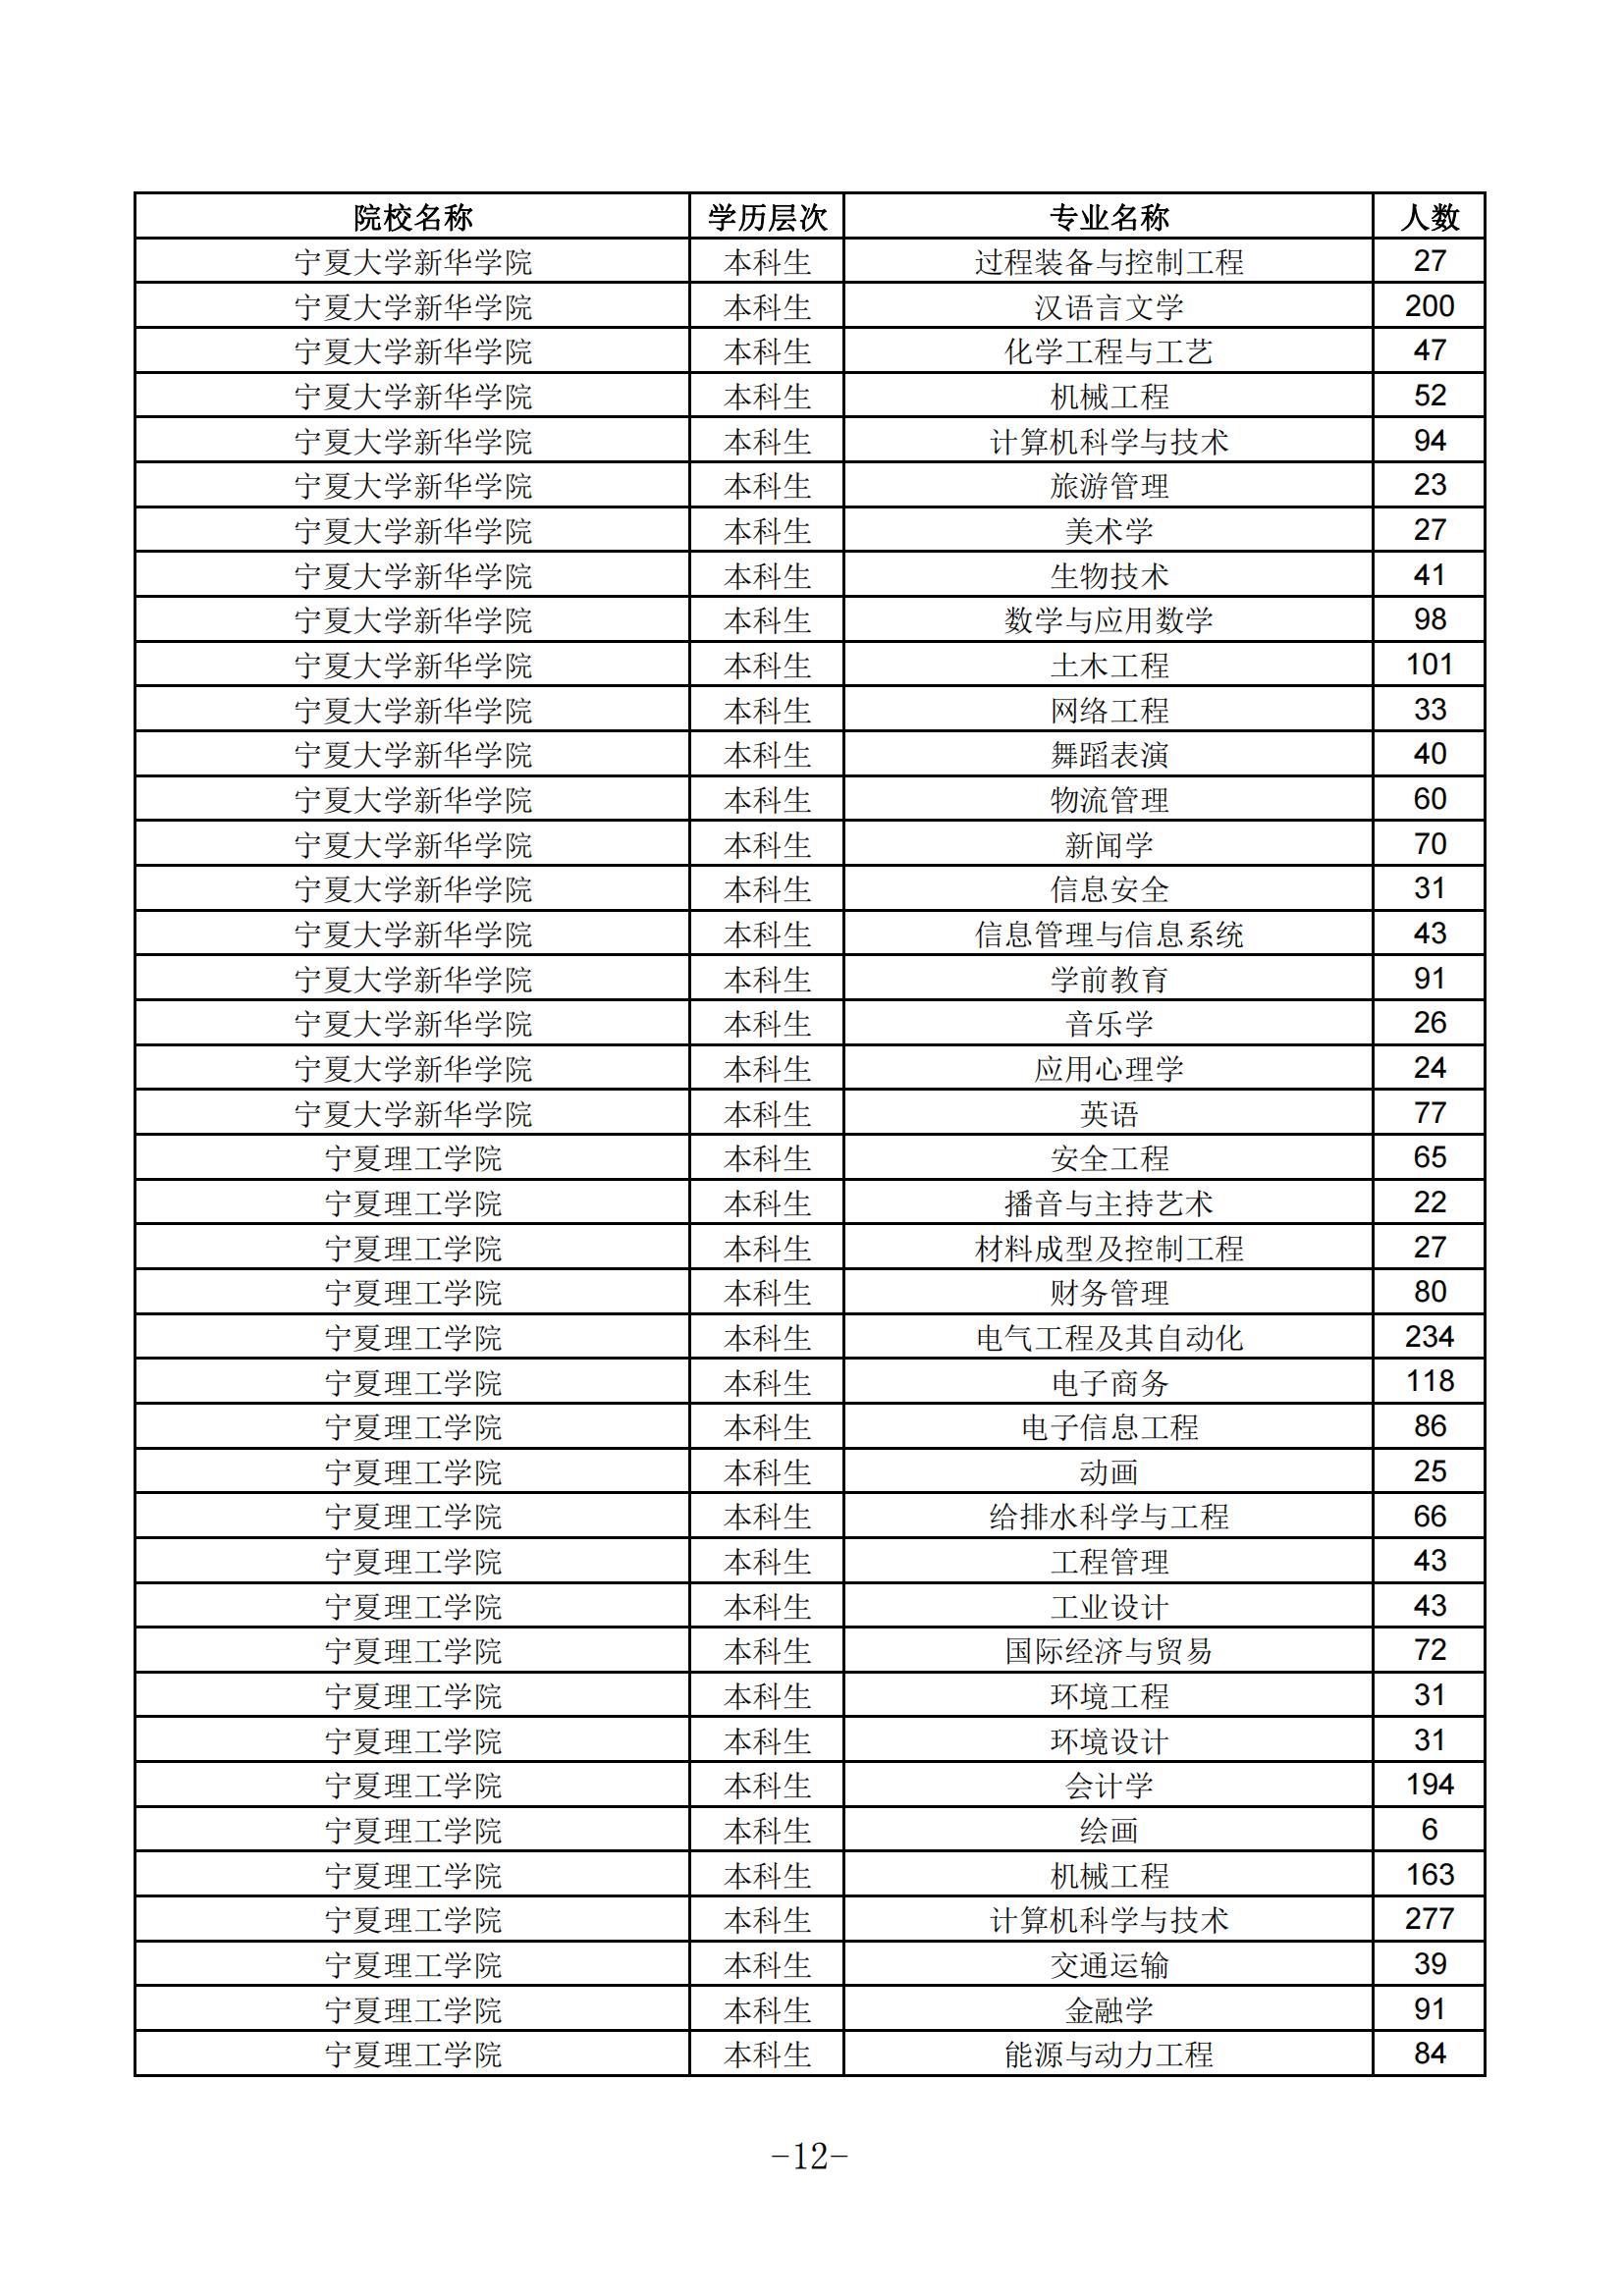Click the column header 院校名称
(x=412, y=217)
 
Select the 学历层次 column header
(x=767, y=217)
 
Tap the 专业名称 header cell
(x=1108, y=217)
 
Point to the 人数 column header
(x=1429, y=217)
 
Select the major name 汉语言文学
(x=1108, y=307)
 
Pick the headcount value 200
(x=1429, y=306)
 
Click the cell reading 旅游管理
(x=1108, y=486)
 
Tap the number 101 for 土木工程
(x=1429, y=665)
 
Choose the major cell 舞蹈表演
(x=1108, y=755)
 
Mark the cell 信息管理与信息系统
(x=1108, y=934)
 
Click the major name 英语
(x=1108, y=1112)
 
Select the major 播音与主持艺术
(x=1108, y=1202)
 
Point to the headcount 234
(x=1429, y=1336)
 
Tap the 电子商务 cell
(x=1108, y=1382)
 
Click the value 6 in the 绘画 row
(x=1429, y=1829)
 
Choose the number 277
(x=1429, y=1918)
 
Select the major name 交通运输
(x=1108, y=1964)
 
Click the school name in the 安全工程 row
(x=412, y=1158)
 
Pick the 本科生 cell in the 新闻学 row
(x=767, y=844)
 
